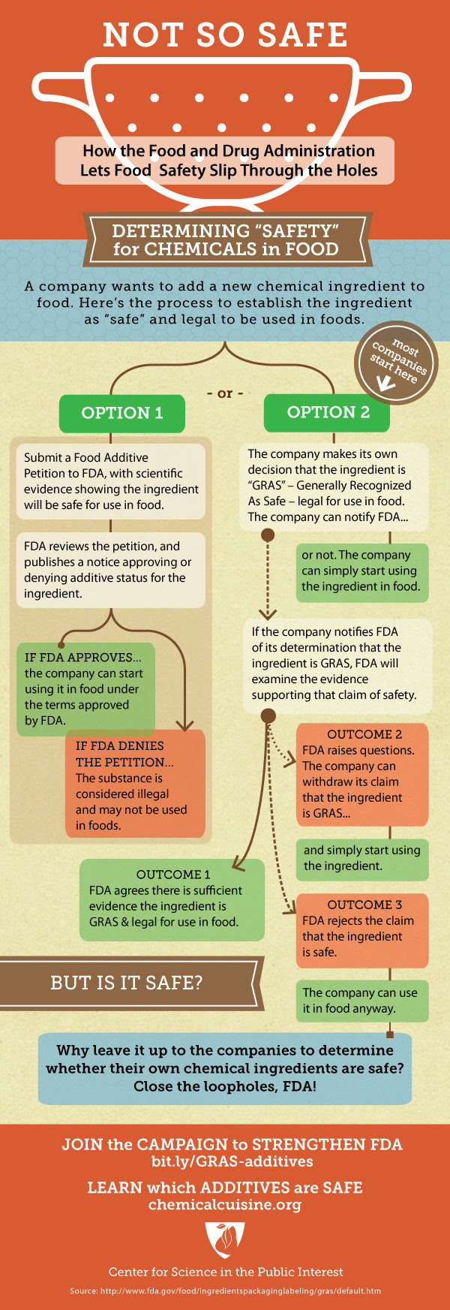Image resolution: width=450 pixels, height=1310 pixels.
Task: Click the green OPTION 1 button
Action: click(122, 413)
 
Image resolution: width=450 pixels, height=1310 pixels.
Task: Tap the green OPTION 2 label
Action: click(328, 412)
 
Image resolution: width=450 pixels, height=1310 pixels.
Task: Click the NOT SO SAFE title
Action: click(225, 35)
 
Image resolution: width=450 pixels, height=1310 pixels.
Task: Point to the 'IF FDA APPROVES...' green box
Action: click(85, 688)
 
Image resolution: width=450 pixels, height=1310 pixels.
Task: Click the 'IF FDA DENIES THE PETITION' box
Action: click(135, 784)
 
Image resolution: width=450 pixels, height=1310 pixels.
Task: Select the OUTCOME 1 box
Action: click(172, 899)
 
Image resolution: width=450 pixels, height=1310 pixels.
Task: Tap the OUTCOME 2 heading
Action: click(364, 734)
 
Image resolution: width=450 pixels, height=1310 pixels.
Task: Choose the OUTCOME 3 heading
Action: click(364, 905)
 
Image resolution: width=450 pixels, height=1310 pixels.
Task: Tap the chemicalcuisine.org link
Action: click(225, 1205)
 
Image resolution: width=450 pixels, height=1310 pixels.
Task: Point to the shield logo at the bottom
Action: click(225, 1239)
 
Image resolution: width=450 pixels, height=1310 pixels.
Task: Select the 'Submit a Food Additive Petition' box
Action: click(111, 480)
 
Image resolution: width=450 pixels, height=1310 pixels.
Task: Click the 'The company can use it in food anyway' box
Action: click(360, 1001)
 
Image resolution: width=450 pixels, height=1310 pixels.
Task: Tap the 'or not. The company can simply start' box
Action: click(361, 571)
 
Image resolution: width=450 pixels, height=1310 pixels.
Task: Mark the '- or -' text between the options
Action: click(225, 393)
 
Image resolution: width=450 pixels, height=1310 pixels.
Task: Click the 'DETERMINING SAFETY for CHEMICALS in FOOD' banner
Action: click(225, 240)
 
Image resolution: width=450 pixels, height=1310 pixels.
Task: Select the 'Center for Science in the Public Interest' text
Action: click(226, 1272)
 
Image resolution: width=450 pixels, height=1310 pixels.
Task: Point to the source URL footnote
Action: click(225, 1291)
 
